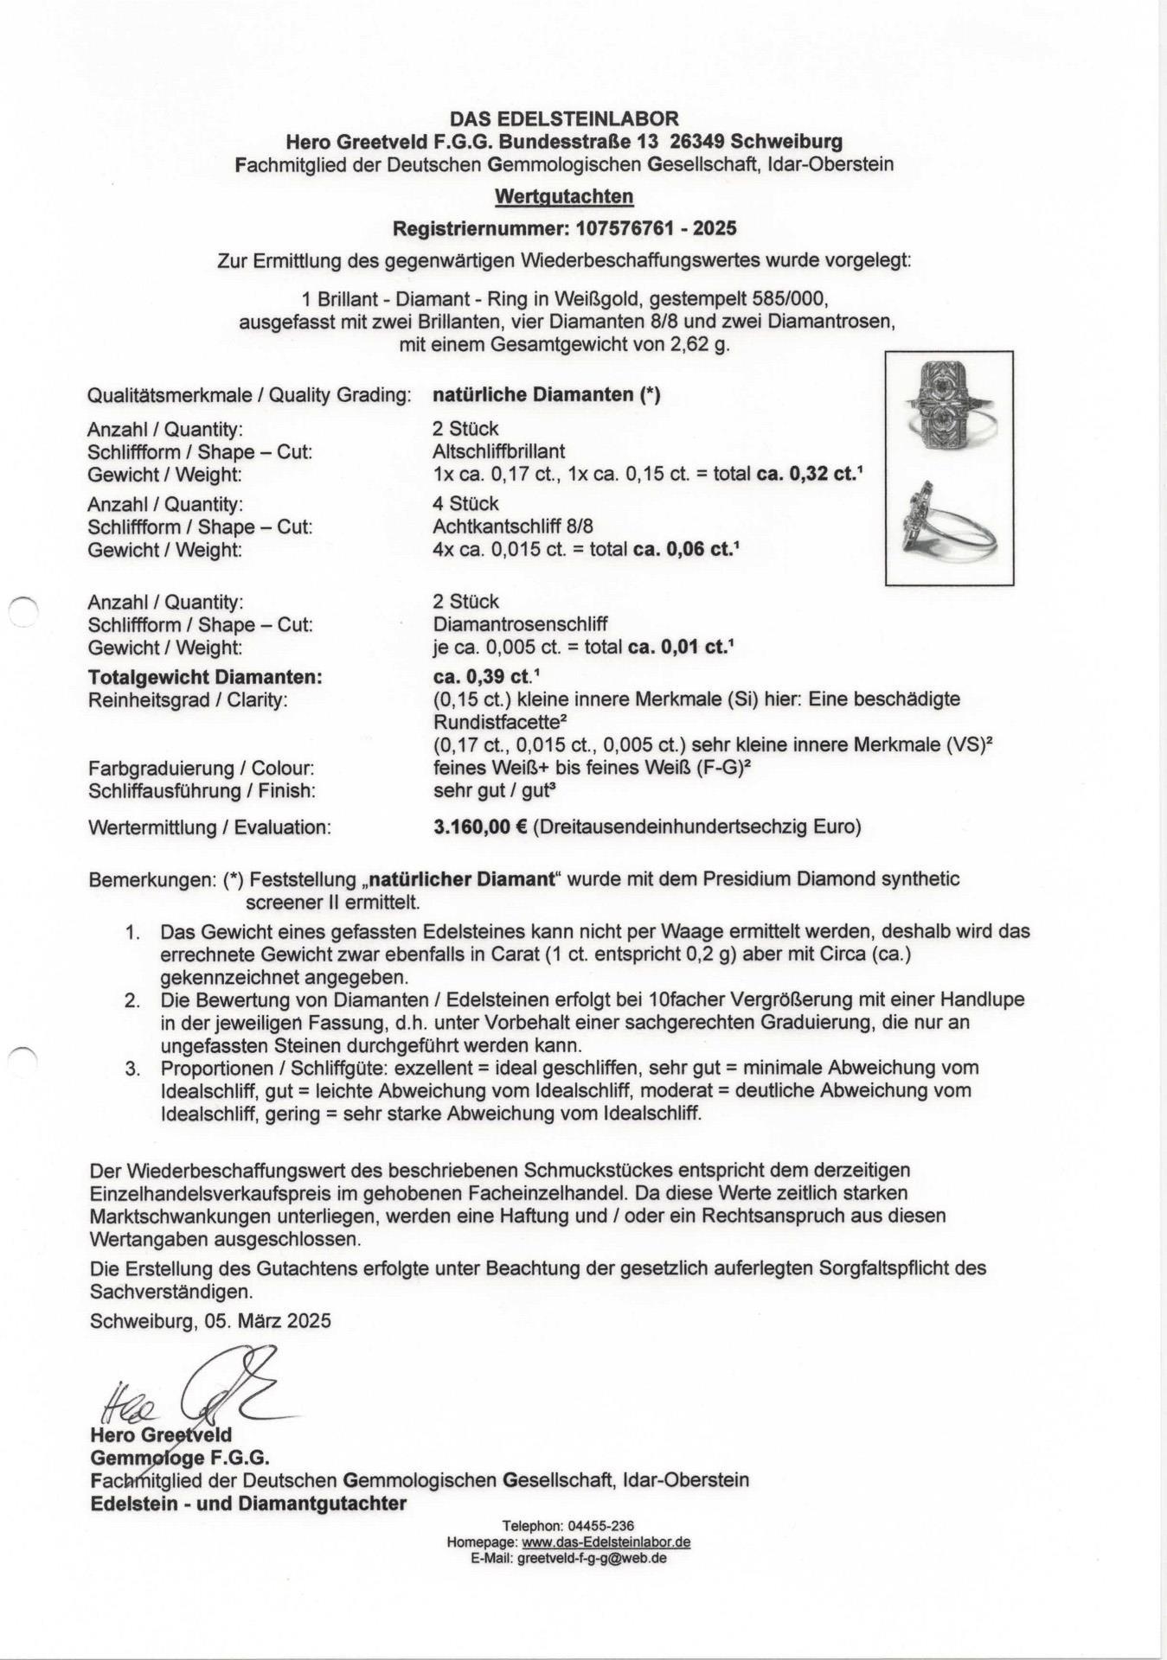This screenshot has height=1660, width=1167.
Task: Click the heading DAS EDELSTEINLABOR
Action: pyautogui.click(x=564, y=118)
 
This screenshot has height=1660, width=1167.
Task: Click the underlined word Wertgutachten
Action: pyautogui.click(x=564, y=196)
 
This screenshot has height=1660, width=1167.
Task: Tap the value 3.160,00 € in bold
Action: pyautogui.click(x=480, y=827)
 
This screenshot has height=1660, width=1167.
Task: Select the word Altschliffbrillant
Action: pyautogui.click(x=499, y=451)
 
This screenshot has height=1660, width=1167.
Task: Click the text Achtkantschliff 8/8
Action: pyautogui.click(x=513, y=527)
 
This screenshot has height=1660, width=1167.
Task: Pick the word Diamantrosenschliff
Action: pyautogui.click(x=520, y=624)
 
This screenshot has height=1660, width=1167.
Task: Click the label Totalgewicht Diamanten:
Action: pyautogui.click(x=205, y=678)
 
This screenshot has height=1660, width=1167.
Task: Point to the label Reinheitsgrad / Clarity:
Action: pyautogui.click(x=187, y=700)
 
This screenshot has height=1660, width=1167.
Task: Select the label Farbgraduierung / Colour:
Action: pyautogui.click(x=201, y=769)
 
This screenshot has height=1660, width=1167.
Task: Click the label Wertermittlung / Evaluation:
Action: pyautogui.click(x=209, y=827)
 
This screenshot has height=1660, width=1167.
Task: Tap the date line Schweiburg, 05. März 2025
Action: pyautogui.click(x=210, y=1321)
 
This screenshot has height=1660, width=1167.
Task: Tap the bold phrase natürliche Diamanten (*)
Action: pyautogui.click(x=547, y=395)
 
